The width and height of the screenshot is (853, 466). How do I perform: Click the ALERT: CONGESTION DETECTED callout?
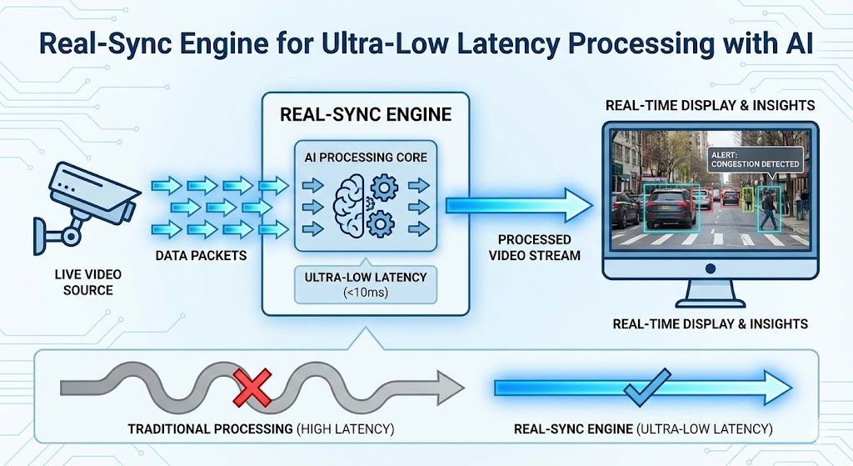tap(754, 159)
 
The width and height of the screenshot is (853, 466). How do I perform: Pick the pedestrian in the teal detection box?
tap(768, 209)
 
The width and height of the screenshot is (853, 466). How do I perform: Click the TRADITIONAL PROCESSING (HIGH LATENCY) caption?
tap(260, 429)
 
